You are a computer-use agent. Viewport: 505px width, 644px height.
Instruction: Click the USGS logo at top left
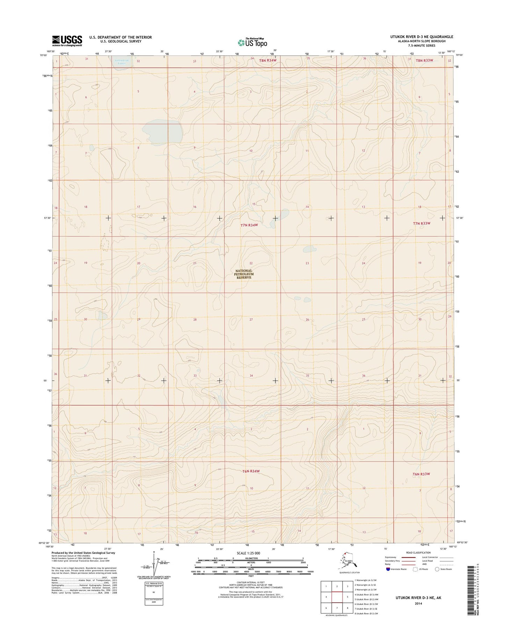click(x=67, y=41)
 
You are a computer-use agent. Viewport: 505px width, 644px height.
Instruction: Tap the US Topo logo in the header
click(x=252, y=42)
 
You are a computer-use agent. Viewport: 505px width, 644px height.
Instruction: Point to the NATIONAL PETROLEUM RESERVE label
click(x=244, y=274)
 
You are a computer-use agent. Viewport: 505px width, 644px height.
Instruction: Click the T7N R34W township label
click(x=249, y=225)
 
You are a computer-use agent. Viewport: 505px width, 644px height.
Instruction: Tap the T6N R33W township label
click(x=421, y=474)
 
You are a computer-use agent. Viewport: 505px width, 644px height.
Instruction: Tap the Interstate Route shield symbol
click(x=388, y=569)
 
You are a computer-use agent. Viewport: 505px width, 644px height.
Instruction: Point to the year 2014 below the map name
click(x=418, y=603)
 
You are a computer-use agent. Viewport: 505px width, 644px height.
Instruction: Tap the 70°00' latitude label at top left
click(x=43, y=55)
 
